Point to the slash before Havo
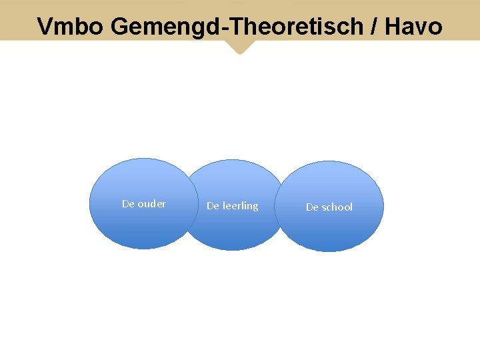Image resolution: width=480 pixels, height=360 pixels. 370,27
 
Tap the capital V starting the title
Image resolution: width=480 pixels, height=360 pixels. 45,27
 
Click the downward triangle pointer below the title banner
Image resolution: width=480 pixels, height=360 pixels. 240,47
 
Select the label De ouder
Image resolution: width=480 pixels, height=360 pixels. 144,204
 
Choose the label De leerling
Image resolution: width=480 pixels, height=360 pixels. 232,206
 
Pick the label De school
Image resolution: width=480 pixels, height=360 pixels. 329,207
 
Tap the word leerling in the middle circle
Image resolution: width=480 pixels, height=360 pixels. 240,206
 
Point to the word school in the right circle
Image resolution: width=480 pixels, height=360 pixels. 337,207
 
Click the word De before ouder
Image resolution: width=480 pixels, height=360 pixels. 128,204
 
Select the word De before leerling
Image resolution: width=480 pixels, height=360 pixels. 213,206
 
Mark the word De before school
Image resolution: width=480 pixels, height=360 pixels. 312,207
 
